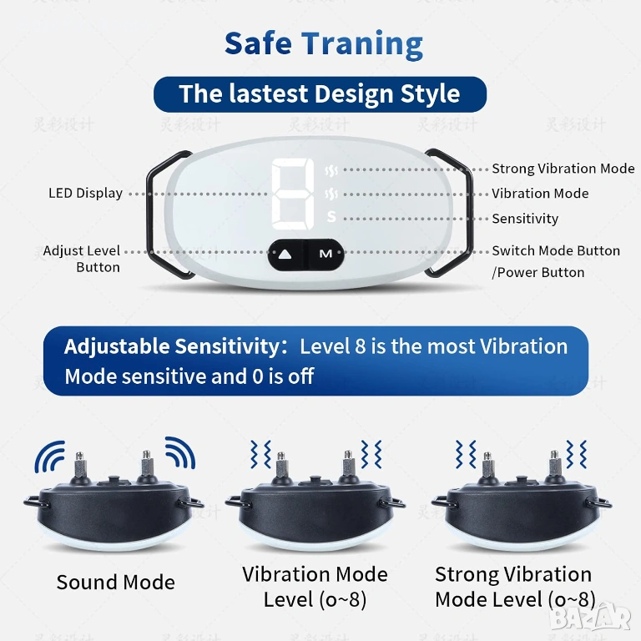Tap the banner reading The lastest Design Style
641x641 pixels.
point(320,94)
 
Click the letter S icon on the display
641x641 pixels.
point(331,217)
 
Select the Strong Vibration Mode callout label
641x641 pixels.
point(563,169)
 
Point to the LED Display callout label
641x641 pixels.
point(85,193)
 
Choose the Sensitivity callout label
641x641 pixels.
point(525,219)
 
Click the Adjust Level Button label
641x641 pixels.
point(82,259)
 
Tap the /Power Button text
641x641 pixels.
point(538,272)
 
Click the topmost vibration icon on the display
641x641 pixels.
point(331,170)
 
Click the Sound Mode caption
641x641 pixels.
point(116,582)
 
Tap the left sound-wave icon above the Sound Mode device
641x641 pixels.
point(50,457)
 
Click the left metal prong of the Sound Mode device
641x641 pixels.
point(80,466)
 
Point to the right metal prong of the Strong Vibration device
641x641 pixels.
point(555,464)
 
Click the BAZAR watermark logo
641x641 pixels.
point(591,618)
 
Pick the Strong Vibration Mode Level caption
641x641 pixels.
point(515,587)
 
